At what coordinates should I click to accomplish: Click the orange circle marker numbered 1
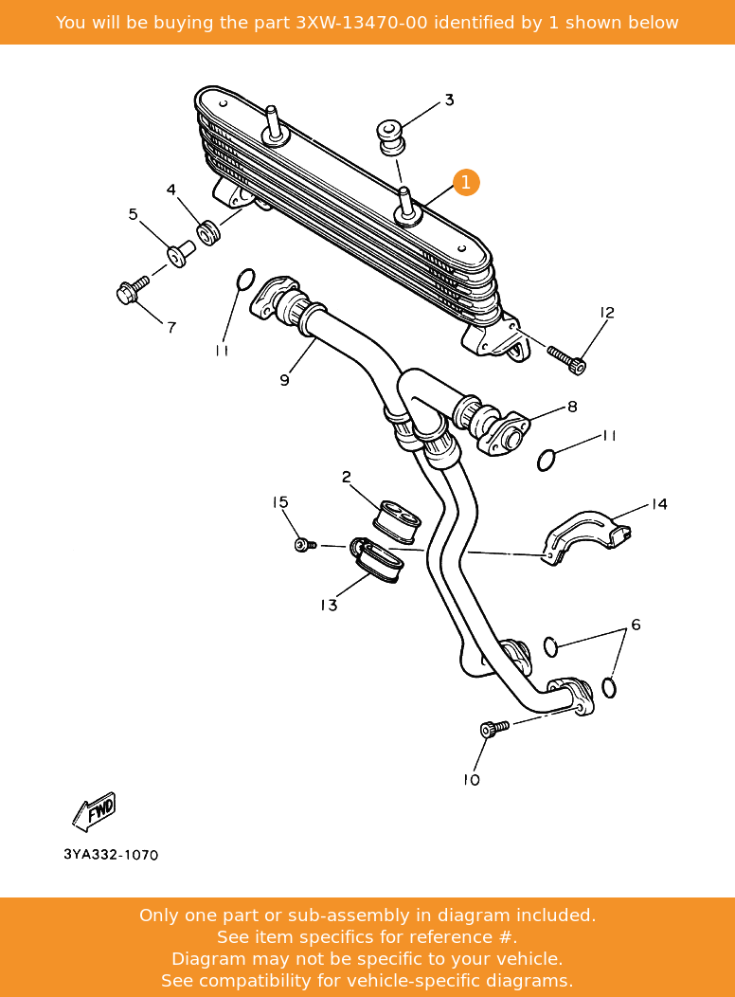pos(466,182)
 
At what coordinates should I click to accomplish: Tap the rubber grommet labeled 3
pos(390,136)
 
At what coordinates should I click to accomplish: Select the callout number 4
pos(171,190)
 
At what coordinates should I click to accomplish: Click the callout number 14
pos(658,504)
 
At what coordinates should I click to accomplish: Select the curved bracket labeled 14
pos(584,536)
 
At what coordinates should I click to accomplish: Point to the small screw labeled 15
pos(304,545)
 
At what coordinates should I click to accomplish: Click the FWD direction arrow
pos(95,811)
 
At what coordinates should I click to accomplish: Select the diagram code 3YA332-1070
pos(111,855)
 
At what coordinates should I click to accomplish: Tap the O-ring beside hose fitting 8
pos(547,461)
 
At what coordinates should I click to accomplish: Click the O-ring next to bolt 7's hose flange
pos(244,280)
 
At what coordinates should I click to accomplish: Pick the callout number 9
pos(284,380)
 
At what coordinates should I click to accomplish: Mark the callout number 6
pos(636,625)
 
